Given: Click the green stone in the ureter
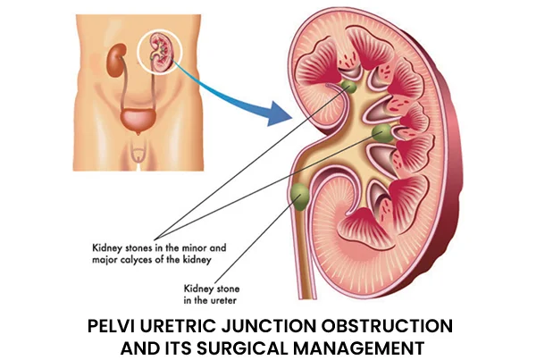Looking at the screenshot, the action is (300, 197).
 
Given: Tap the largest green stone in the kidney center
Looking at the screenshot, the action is (381, 133).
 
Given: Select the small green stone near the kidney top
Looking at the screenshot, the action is (348, 87).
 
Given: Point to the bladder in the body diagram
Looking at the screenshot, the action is (138, 121).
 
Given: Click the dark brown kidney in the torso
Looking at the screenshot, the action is (116, 61).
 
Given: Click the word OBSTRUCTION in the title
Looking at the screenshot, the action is (387, 326).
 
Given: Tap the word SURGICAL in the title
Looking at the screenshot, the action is (243, 348).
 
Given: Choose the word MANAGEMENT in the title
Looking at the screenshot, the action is (359, 348).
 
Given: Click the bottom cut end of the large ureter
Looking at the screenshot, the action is (305, 298).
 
